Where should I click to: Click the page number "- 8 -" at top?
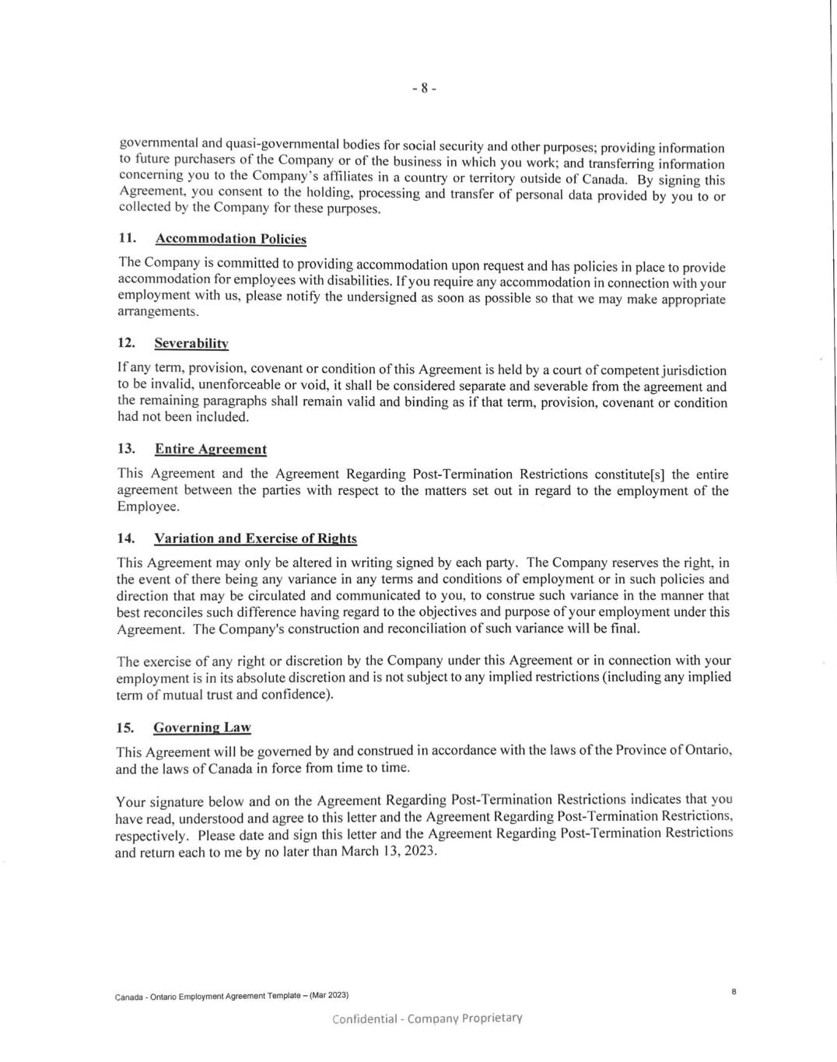[424, 88]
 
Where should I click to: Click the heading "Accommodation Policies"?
[230, 239]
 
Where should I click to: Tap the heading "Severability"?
[191, 343]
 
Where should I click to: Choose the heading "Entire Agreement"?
[210, 449]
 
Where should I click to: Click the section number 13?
[126, 449]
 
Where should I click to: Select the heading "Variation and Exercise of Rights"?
[255, 538]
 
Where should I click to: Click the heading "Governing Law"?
[202, 727]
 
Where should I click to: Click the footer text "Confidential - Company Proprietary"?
[427, 1018]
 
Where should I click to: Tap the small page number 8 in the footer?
[734, 991]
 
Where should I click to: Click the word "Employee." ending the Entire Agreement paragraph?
[148, 506]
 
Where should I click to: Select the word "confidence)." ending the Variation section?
[298, 694]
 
